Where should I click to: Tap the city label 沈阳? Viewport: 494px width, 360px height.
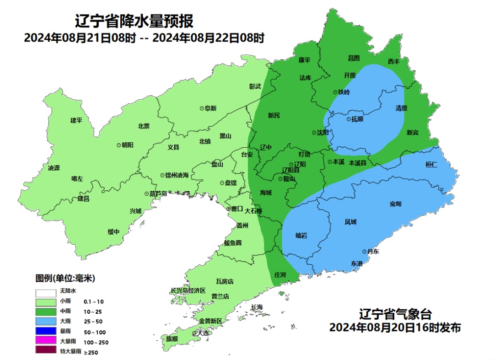(323, 133)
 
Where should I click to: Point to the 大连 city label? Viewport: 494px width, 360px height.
(202, 333)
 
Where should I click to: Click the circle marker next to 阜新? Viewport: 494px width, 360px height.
(202, 108)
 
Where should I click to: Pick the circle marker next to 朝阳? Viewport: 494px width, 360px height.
(119, 145)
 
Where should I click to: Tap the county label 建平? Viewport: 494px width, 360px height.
(76, 120)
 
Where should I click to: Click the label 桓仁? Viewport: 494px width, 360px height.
(431, 164)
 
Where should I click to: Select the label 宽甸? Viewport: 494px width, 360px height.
(396, 204)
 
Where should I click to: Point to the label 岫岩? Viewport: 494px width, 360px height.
(301, 236)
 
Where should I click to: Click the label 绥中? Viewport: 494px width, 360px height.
(113, 232)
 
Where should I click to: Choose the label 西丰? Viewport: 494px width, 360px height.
(393, 61)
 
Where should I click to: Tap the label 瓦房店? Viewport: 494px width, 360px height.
(225, 281)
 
